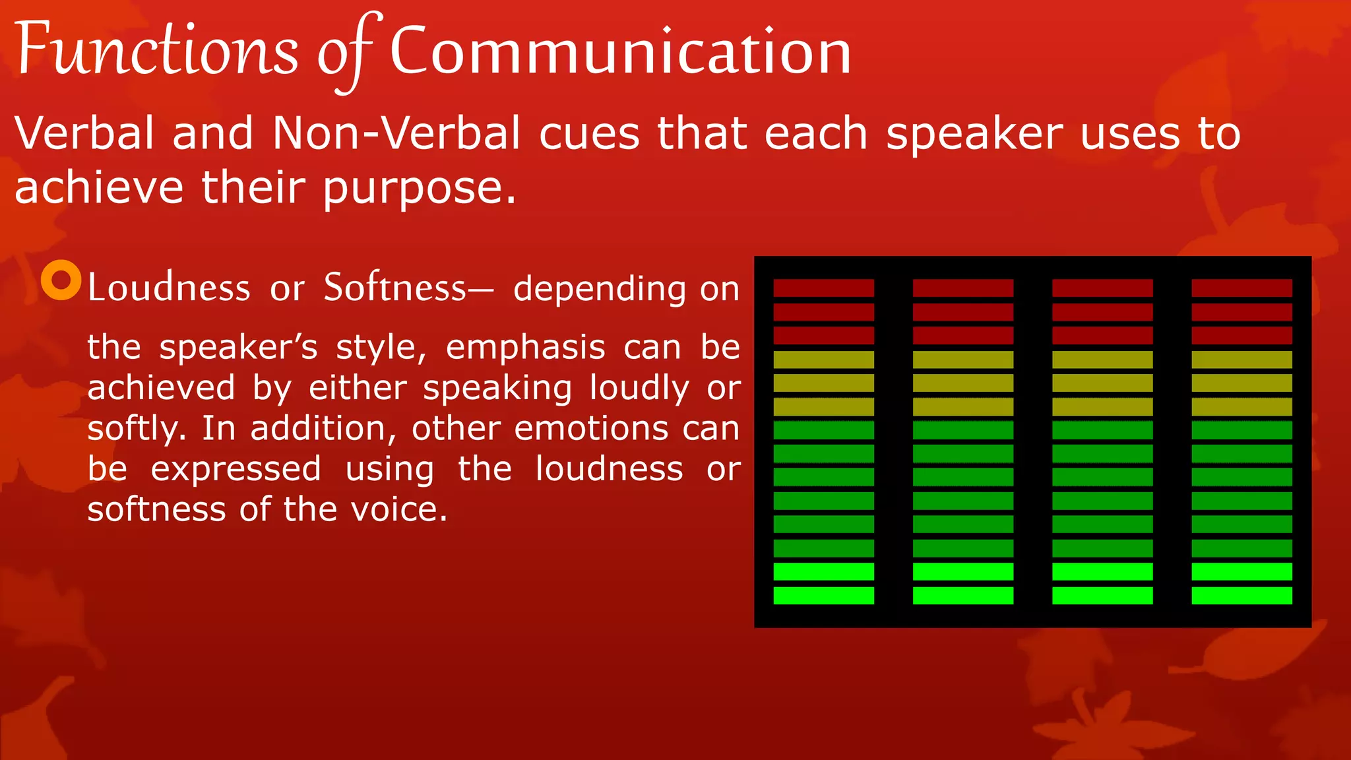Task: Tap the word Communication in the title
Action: tap(620, 51)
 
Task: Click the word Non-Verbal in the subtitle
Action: tap(396, 133)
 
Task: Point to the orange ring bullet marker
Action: tap(61, 280)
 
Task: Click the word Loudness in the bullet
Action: tap(169, 288)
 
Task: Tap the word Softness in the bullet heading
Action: tap(395, 288)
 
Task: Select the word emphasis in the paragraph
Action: tap(525, 348)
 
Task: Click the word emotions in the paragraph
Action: tap(591, 429)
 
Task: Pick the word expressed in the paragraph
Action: tap(236, 469)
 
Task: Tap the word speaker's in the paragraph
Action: tap(238, 348)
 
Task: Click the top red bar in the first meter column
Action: tap(823, 288)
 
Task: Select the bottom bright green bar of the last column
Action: tap(1241, 595)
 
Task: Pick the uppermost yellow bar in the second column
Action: tap(962, 360)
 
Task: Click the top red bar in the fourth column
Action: tap(1241, 288)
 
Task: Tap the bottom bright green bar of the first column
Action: tap(823, 595)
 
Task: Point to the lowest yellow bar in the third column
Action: tap(1102, 406)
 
